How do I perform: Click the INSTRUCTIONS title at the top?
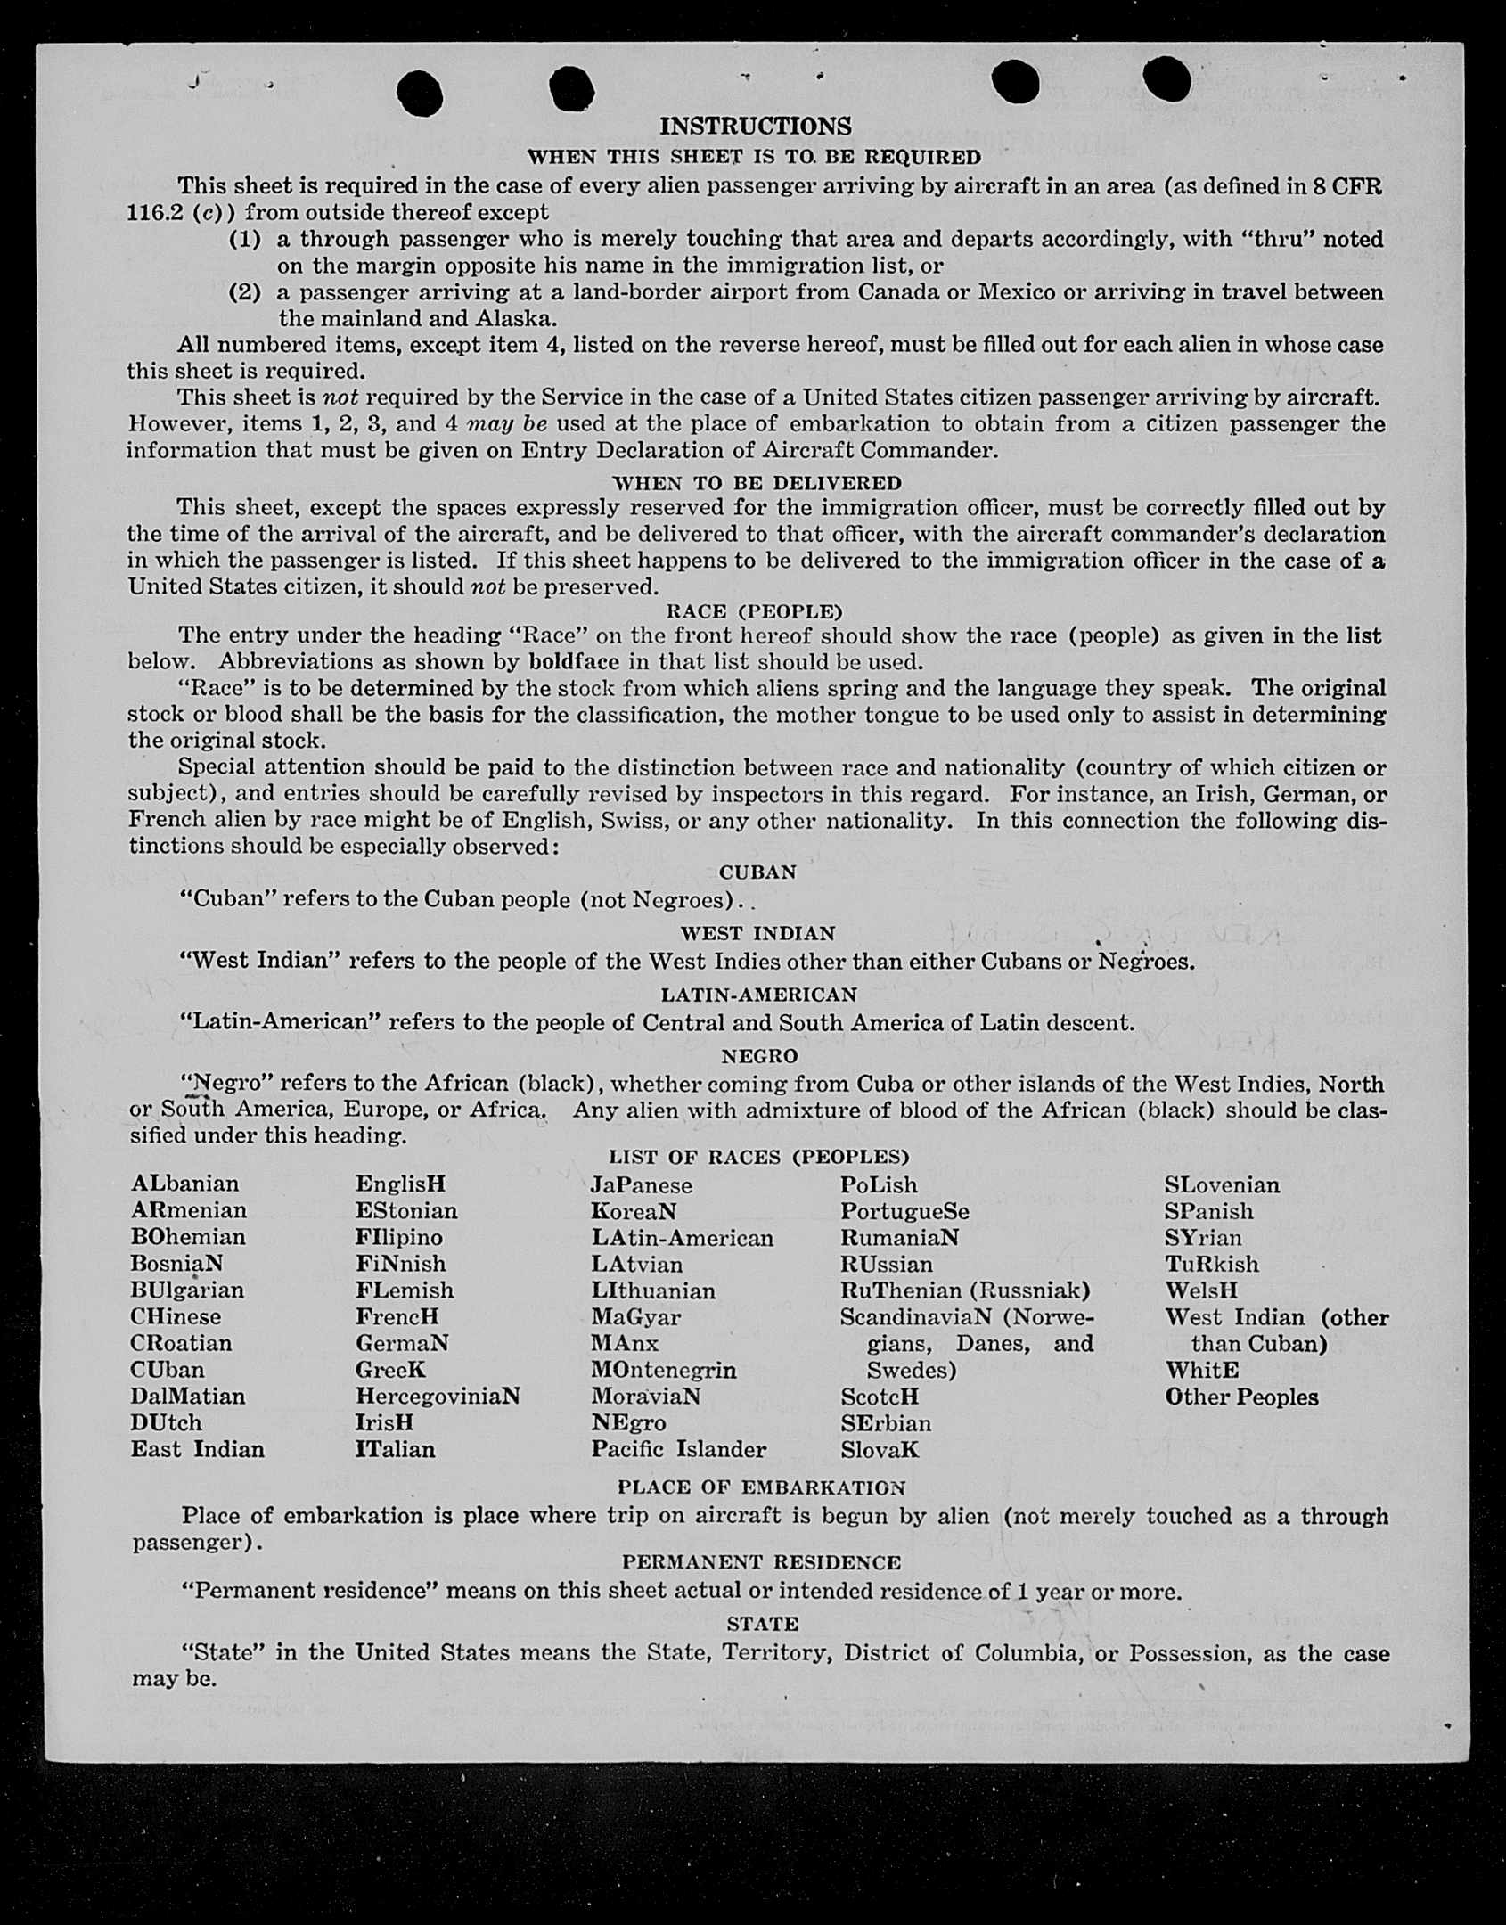(x=755, y=127)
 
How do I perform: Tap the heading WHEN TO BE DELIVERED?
(x=757, y=483)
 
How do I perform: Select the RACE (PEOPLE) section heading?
(x=754, y=611)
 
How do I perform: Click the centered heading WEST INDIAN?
(x=757, y=933)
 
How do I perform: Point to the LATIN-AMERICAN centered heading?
(x=758, y=995)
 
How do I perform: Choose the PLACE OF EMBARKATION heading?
(x=761, y=1487)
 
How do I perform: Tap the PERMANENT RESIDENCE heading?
(x=761, y=1562)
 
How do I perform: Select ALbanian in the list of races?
(x=184, y=1184)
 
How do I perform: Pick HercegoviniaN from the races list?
(x=437, y=1396)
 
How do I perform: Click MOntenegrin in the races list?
(x=663, y=1370)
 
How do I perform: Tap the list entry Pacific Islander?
(x=678, y=1449)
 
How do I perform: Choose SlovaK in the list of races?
(x=879, y=1450)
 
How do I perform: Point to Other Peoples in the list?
(x=1241, y=1397)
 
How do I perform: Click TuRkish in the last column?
(x=1211, y=1264)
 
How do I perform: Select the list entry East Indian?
(x=197, y=1449)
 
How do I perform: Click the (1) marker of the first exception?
(x=245, y=239)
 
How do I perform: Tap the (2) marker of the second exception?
(x=245, y=292)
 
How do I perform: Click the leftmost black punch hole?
(x=419, y=93)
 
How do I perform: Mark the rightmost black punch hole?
(x=1166, y=79)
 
